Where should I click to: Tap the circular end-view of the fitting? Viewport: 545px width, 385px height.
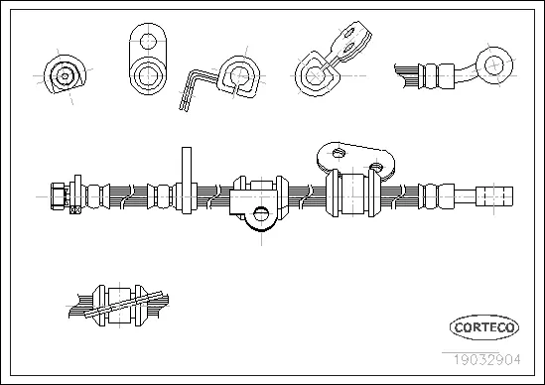pyautogui.click(x=64, y=72)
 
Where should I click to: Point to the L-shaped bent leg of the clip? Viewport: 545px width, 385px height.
pyautogui.click(x=193, y=87)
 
